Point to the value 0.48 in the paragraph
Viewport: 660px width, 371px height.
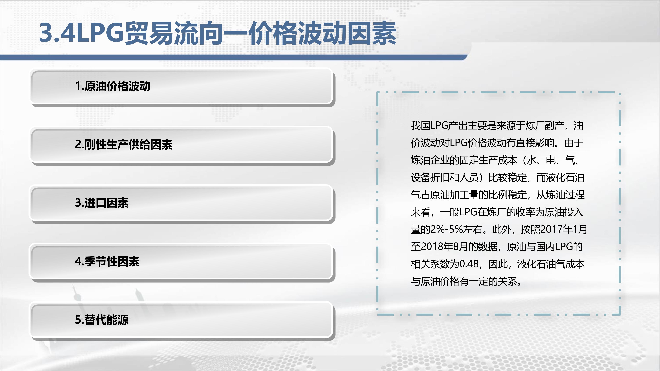(469, 264)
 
